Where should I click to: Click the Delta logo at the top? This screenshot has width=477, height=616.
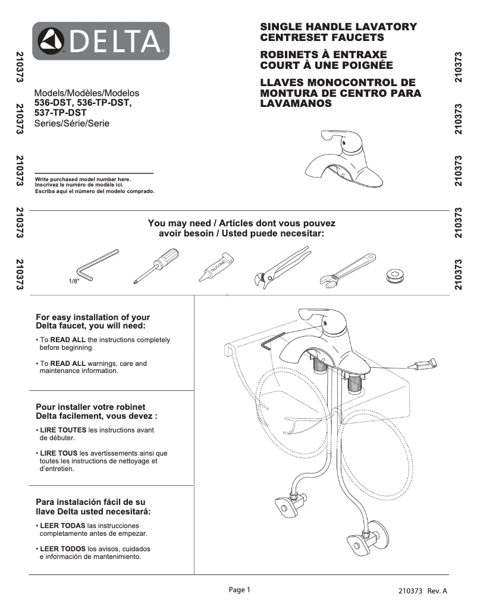point(101,41)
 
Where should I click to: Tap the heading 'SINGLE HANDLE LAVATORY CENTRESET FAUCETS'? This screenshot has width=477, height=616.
point(338,32)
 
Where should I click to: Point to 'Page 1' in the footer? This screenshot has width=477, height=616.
point(240,590)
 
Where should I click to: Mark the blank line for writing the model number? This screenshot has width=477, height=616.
point(94,173)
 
